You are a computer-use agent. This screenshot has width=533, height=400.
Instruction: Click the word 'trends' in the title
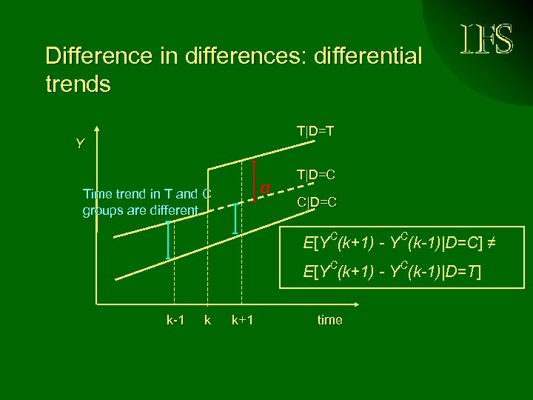[x=78, y=84]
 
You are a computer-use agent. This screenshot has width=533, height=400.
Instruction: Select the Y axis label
[x=80, y=144]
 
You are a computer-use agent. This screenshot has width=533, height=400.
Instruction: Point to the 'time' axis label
[x=329, y=320]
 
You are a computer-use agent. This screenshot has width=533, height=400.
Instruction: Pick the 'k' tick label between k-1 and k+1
[x=207, y=320]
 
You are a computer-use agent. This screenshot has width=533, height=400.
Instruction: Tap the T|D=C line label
[x=317, y=176]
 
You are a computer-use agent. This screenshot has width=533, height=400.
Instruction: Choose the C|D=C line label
[x=317, y=201]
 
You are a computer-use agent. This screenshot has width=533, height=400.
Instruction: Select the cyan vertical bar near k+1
[x=235, y=219]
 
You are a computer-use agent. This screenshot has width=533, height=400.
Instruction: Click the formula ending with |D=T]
[x=392, y=272]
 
